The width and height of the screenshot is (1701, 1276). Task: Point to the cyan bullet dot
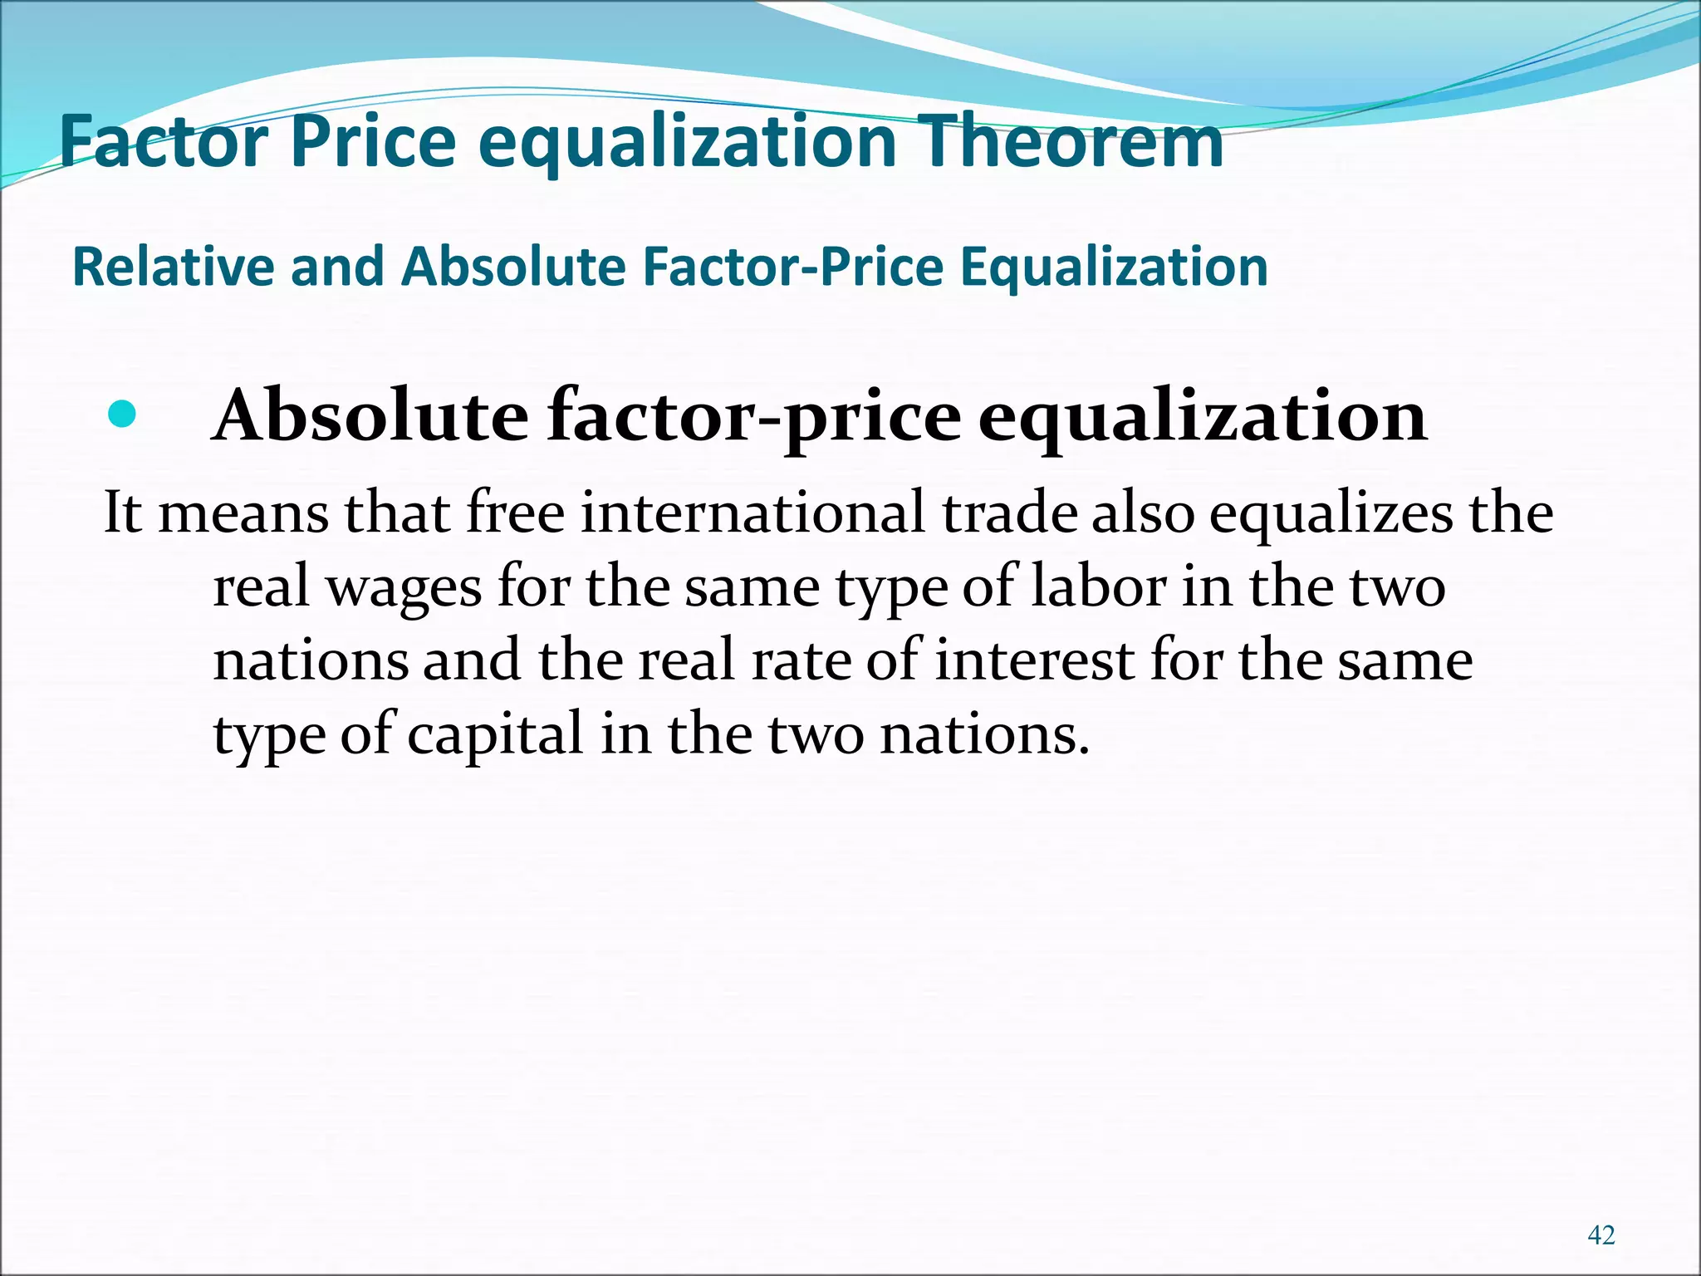coord(122,414)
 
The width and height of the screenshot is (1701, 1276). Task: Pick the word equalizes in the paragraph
coord(1331,513)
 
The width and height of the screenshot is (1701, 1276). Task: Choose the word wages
coord(404,588)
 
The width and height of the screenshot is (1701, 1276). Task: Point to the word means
coord(243,513)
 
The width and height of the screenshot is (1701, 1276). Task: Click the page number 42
coord(1601,1235)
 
